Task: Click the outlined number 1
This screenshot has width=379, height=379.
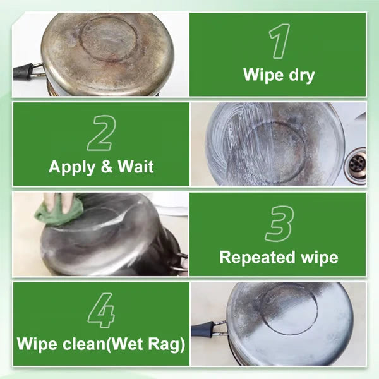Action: [x=279, y=42]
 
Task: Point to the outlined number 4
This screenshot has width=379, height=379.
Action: [x=101, y=311]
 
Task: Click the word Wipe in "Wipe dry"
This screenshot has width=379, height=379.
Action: [x=261, y=76]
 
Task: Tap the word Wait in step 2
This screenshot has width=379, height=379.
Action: [x=136, y=167]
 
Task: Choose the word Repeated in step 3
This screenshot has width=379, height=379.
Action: [x=253, y=257]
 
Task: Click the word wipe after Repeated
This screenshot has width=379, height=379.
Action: [x=317, y=257]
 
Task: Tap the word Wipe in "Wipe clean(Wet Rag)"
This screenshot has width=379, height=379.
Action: [x=36, y=346]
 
